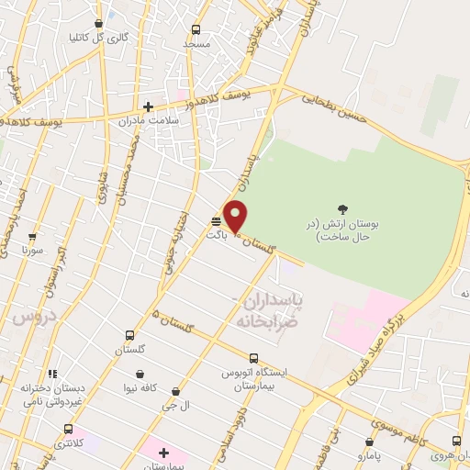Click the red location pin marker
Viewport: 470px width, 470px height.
click(236, 217)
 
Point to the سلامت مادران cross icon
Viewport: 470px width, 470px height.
click(149, 106)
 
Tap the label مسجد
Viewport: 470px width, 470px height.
click(196, 43)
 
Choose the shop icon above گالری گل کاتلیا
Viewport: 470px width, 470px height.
click(99, 24)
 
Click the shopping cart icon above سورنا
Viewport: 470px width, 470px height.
click(32, 236)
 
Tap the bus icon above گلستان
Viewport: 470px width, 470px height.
click(129, 336)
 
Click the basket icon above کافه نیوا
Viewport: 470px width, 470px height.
click(140, 374)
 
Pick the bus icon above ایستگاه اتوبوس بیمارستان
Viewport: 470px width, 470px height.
click(254, 358)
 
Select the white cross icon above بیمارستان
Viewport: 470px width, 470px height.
click(163, 453)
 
